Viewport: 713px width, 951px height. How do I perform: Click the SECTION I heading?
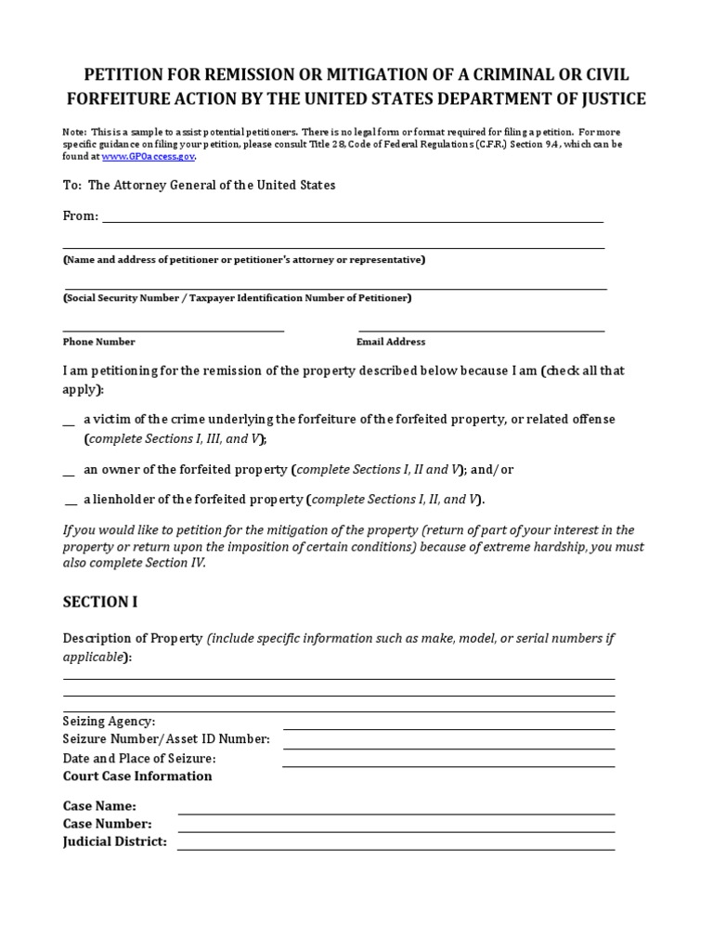tap(100, 602)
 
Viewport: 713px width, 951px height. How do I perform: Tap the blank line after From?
tap(353, 219)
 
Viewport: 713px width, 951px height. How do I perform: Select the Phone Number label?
tap(99, 342)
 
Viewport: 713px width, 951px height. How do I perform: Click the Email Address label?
tap(391, 342)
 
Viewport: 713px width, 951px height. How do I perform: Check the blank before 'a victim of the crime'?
tap(69, 421)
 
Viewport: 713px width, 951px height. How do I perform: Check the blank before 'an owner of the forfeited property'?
tap(69, 471)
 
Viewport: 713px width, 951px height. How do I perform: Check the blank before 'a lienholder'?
tap(71, 501)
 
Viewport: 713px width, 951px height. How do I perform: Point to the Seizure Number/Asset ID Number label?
tap(166, 739)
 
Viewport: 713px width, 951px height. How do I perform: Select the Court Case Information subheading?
tap(137, 776)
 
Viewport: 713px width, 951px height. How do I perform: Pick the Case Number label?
tap(108, 824)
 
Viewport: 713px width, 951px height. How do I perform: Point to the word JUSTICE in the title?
tap(605, 99)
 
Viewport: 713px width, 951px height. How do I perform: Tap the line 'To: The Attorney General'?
tap(200, 186)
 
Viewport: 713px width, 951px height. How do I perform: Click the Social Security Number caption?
tap(238, 299)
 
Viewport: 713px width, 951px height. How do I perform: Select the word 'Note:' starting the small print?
tap(75, 132)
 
